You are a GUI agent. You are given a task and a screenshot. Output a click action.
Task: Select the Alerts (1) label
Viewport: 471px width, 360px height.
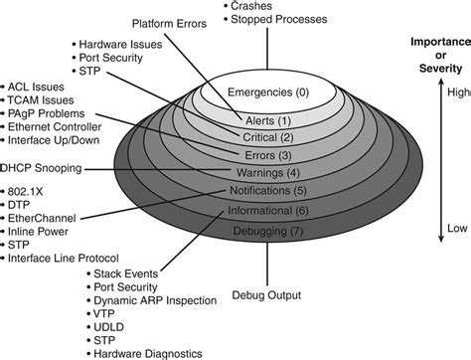click(x=265, y=120)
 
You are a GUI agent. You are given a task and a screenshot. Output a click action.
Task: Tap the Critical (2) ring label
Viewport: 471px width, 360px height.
click(x=266, y=137)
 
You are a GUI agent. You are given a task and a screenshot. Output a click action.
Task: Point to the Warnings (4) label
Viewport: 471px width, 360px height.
click(x=266, y=172)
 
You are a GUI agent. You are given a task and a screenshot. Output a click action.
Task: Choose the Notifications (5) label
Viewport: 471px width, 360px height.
click(x=266, y=191)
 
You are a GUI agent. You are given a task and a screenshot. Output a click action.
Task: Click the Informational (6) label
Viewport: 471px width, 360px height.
click(x=266, y=211)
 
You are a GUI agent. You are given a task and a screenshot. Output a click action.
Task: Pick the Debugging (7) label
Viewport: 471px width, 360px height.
click(x=266, y=231)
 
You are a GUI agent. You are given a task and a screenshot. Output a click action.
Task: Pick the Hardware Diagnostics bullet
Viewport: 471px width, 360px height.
click(x=149, y=352)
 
